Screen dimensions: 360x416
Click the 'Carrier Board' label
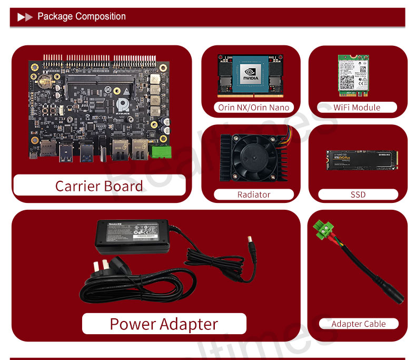[99, 186]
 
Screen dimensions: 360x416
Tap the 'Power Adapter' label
[164, 324]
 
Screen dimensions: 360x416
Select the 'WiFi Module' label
[356, 107]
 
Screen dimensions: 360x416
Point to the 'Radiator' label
[254, 194]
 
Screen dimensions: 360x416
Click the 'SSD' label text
[358, 194]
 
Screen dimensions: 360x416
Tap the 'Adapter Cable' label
[359, 324]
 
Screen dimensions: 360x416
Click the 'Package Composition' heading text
[82, 16]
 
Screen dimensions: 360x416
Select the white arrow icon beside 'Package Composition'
[25, 17]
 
